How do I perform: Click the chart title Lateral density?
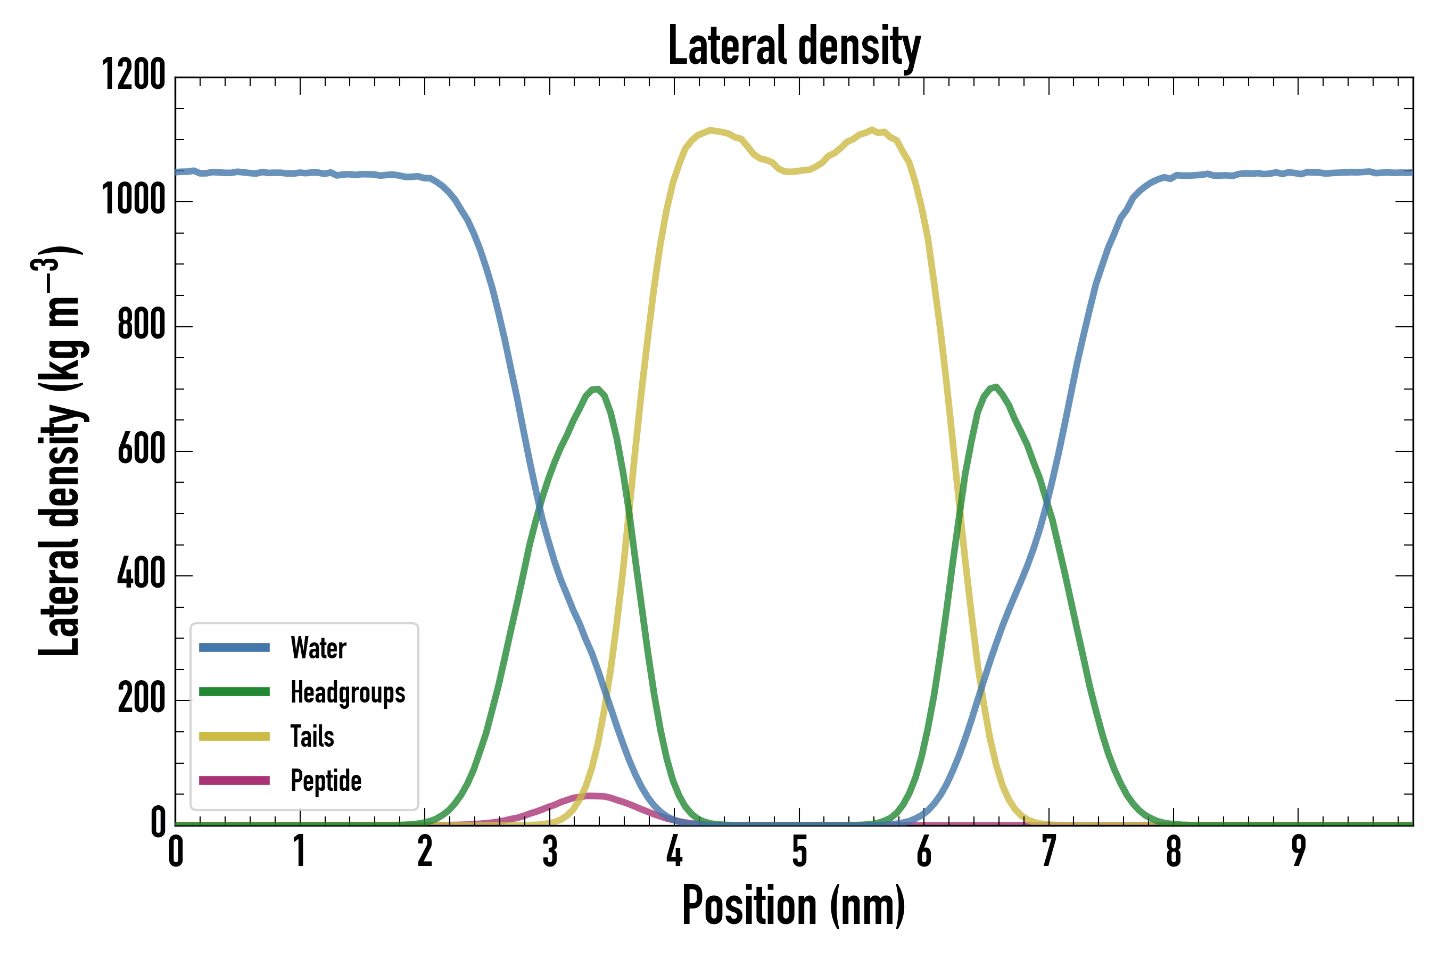[x=794, y=46]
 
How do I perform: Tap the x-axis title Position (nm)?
[x=793, y=907]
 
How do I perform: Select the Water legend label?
[x=318, y=648]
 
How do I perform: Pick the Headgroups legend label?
[x=348, y=693]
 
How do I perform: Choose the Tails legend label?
[x=312, y=737]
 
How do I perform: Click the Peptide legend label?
[x=326, y=781]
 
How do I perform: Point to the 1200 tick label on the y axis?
[x=134, y=75]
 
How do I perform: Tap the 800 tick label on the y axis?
[x=141, y=325]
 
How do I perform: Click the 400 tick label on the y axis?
[x=141, y=574]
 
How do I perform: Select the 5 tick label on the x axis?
[x=799, y=852]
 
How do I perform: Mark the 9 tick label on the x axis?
[x=1298, y=852]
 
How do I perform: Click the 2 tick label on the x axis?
[x=425, y=852]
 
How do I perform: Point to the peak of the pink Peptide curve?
[x=590, y=796]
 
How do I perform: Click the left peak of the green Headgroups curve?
[x=596, y=389]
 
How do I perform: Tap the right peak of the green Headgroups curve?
[x=995, y=387]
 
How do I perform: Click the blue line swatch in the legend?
[x=234, y=648]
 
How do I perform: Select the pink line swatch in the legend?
[x=234, y=780]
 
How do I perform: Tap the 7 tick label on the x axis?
[x=1048, y=852]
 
